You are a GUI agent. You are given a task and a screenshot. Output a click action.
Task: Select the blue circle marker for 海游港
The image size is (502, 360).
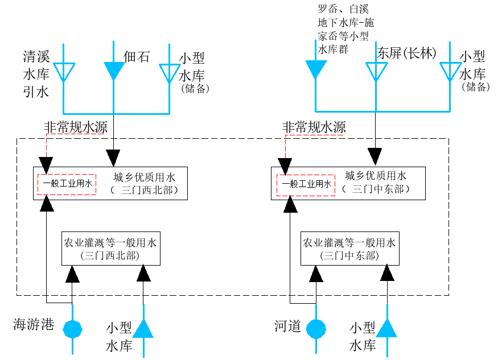point(73,329)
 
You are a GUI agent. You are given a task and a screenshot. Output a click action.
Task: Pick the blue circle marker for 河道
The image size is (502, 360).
point(316,329)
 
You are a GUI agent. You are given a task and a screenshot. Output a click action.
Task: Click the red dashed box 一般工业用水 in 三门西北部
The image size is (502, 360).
point(67,184)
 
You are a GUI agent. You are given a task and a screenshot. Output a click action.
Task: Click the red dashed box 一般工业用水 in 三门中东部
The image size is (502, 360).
point(306,185)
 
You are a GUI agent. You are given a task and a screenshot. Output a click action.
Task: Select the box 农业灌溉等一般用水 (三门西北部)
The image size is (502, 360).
point(111,249)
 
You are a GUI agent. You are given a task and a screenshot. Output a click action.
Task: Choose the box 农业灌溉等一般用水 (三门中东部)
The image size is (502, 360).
point(350,249)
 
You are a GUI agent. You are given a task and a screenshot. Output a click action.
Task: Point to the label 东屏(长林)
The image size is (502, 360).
point(406,53)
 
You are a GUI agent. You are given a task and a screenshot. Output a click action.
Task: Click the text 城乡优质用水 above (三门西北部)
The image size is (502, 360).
point(145,177)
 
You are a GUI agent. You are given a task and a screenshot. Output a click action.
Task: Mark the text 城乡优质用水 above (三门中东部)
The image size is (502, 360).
point(376,175)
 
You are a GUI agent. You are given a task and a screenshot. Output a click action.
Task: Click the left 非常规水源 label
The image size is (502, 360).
point(76,127)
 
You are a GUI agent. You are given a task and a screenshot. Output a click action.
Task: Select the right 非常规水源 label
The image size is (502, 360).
point(314,127)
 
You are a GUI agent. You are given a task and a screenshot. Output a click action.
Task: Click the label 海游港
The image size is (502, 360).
point(34,325)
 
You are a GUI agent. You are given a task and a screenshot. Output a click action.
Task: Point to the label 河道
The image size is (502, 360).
point(287,326)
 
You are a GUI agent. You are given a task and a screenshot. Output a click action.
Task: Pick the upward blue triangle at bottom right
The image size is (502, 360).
point(387,328)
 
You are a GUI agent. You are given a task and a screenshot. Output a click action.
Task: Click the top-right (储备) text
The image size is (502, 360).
point(476,86)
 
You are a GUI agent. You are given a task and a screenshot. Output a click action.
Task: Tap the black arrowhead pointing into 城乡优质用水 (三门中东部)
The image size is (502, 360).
point(375,157)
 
